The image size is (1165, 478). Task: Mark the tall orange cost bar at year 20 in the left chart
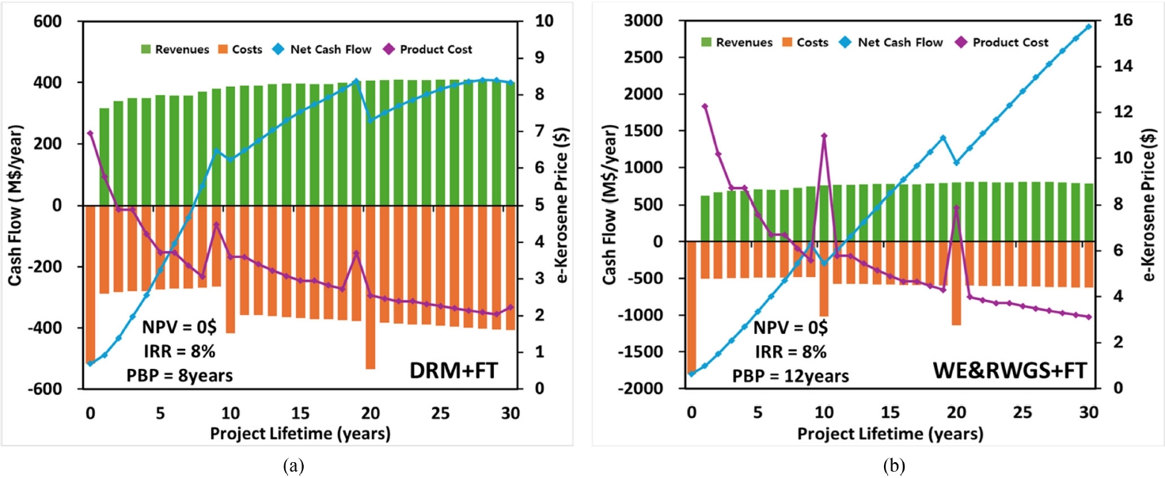click(x=370, y=317)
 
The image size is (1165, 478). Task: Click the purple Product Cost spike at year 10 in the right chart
click(x=824, y=135)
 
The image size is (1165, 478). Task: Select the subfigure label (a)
click(x=294, y=466)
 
